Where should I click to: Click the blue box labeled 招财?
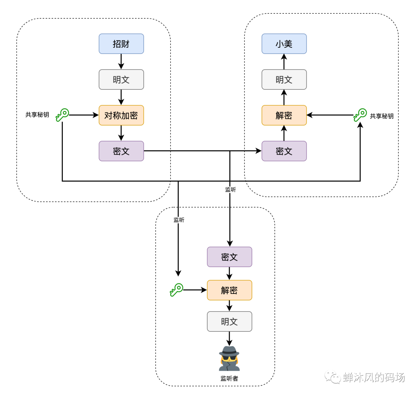(x=121, y=43)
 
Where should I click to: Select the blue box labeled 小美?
(x=284, y=43)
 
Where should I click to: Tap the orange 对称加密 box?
(x=121, y=115)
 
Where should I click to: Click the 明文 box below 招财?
(x=121, y=80)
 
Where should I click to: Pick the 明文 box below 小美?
(x=284, y=80)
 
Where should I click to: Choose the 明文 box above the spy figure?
(x=229, y=321)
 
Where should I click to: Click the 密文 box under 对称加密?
(x=121, y=151)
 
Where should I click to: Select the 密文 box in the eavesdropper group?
(x=229, y=257)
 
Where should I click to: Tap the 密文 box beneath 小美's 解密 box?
(x=284, y=151)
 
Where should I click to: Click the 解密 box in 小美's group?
(x=284, y=115)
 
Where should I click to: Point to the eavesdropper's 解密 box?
(x=229, y=290)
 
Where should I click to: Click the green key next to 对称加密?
(x=62, y=115)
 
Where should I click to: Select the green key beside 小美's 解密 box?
(x=360, y=115)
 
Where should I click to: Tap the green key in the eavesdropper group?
(x=176, y=290)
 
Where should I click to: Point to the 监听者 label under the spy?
(x=229, y=379)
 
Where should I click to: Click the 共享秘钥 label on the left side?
(x=37, y=115)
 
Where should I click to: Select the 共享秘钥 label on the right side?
(x=382, y=116)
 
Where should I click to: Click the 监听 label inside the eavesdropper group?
(x=179, y=220)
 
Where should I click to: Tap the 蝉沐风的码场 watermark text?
(x=374, y=377)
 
